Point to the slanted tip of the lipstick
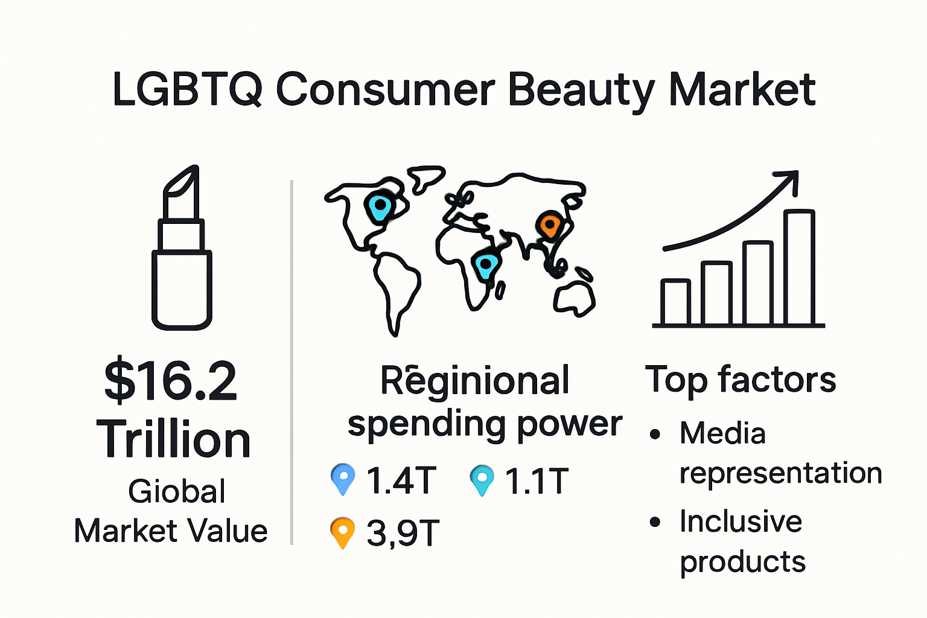coord(182,181)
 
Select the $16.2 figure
coord(171,381)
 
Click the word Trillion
coord(174,439)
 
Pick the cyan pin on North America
coord(379,207)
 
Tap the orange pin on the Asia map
coord(549,225)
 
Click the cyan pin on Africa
coord(485,264)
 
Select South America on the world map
coord(396,290)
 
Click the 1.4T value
coord(401,481)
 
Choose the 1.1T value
coord(537,481)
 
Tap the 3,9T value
coord(403,534)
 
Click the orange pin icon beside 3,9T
coord(342,532)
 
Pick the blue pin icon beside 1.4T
coord(343,478)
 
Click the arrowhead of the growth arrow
coord(789,179)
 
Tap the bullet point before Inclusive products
coord(655,522)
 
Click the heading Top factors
coord(741,380)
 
